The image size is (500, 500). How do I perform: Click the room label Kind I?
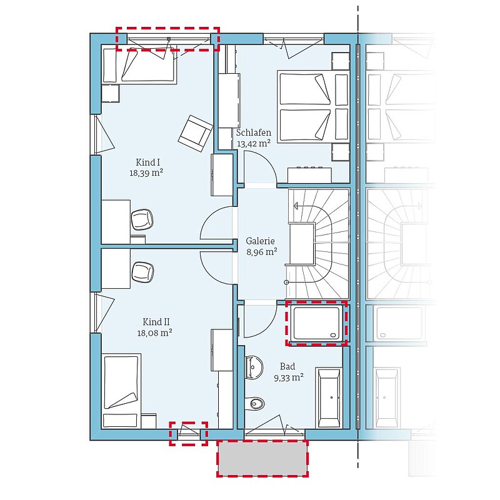147,162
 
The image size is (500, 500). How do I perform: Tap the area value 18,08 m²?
154,333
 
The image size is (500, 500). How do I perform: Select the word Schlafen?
254,132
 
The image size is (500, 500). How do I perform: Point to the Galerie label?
260,241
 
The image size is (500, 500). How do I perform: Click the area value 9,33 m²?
289,378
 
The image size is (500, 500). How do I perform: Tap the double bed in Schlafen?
313,106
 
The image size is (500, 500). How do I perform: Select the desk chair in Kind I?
142,219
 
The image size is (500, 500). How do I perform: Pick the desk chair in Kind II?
142,272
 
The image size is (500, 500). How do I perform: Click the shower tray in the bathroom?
317,323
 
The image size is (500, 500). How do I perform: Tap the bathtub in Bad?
329,397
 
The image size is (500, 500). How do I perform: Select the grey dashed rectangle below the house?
262,458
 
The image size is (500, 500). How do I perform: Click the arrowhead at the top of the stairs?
296,206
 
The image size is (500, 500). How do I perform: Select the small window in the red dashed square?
189,432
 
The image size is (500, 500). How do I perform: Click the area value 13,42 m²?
254,144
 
